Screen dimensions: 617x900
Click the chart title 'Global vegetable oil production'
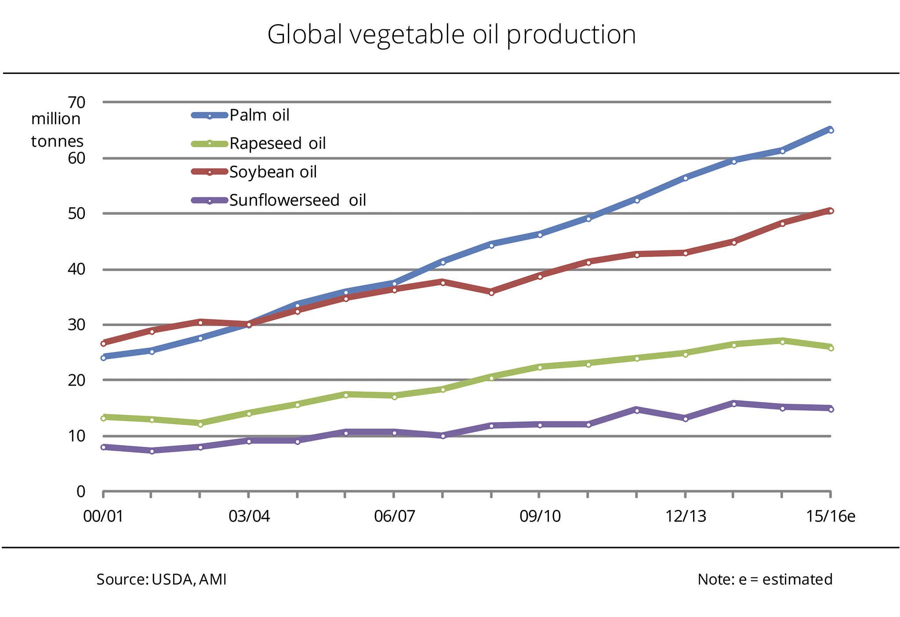[451, 34]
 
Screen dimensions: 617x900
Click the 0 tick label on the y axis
[81, 491]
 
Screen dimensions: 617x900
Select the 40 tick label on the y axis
[76, 269]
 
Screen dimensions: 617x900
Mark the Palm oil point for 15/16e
[831, 130]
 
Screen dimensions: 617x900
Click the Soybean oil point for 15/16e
[831, 211]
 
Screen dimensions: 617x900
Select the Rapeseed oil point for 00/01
[103, 418]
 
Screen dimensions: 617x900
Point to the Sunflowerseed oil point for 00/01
[103, 447]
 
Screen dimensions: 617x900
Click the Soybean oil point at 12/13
[685, 253]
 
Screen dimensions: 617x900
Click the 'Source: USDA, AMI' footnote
[161, 580]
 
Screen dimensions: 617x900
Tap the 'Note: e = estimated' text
[765, 580]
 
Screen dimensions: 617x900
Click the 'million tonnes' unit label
[57, 130]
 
